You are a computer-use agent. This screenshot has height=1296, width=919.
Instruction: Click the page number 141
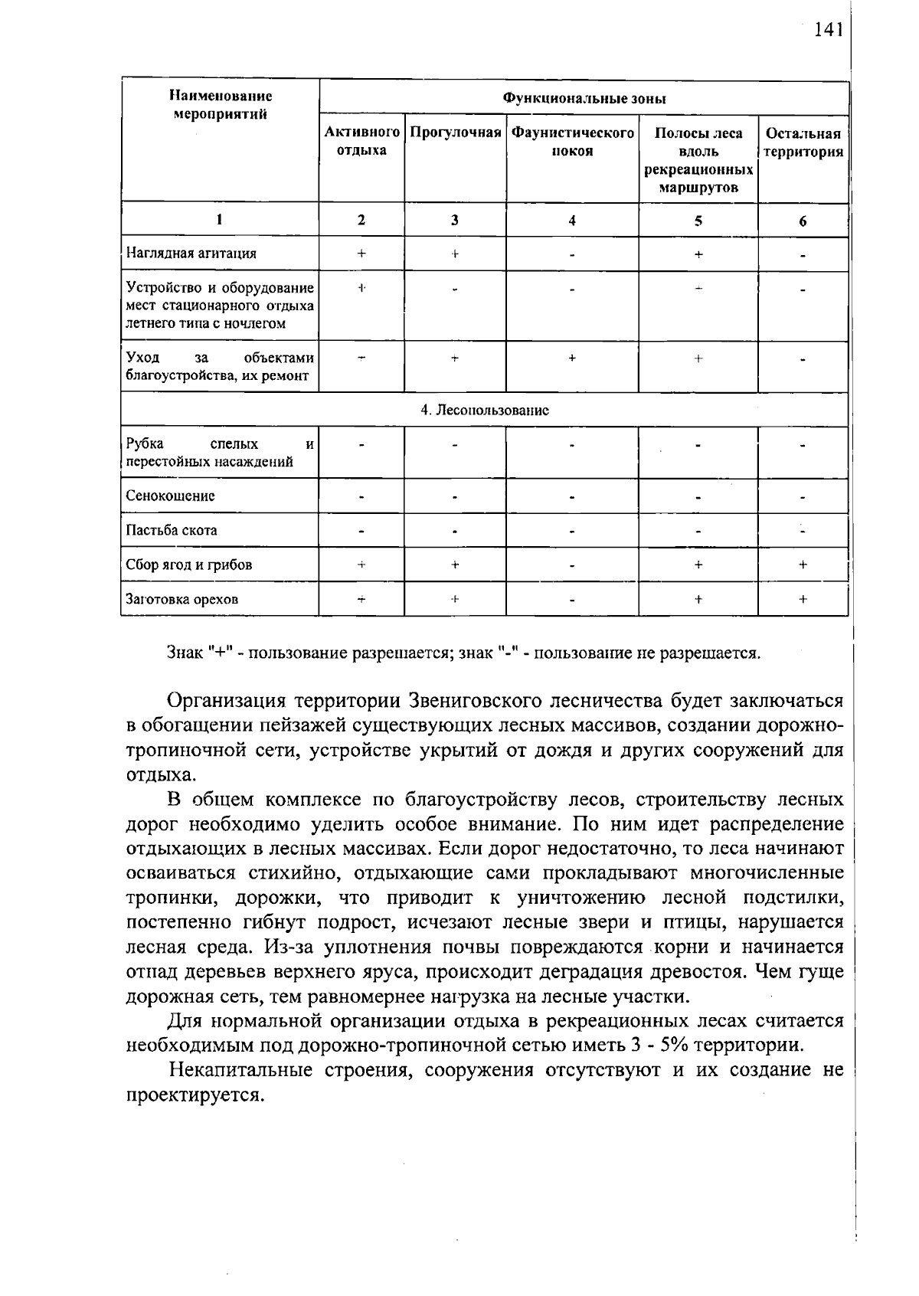(828, 29)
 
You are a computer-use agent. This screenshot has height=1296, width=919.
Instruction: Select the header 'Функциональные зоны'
(584, 99)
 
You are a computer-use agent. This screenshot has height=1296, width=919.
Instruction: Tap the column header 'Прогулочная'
(455, 133)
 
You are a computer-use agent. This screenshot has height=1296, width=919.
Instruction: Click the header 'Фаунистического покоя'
(572, 142)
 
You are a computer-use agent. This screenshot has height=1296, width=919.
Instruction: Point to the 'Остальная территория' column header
(803, 142)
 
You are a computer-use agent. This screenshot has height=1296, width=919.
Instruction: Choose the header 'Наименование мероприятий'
(220, 106)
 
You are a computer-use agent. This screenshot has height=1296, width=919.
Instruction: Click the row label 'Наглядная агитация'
(191, 253)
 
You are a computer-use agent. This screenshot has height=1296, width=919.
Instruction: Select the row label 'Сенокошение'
(171, 496)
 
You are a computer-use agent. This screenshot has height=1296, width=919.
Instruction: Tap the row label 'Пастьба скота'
(172, 530)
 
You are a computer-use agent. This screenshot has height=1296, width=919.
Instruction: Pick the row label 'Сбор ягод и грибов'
(189, 565)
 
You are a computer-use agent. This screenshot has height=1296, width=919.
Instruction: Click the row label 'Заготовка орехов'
(182, 599)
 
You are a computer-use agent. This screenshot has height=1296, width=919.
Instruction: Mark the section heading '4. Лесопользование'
(485, 410)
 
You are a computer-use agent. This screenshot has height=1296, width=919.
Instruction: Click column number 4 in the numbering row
(572, 221)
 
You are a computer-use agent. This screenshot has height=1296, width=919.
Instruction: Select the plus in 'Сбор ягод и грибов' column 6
(803, 565)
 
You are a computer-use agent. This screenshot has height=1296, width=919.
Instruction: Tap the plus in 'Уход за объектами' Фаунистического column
(572, 358)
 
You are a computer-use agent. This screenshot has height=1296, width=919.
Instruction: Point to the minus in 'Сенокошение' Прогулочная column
(455, 496)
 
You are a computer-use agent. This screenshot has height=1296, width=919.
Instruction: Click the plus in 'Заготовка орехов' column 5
(698, 600)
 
